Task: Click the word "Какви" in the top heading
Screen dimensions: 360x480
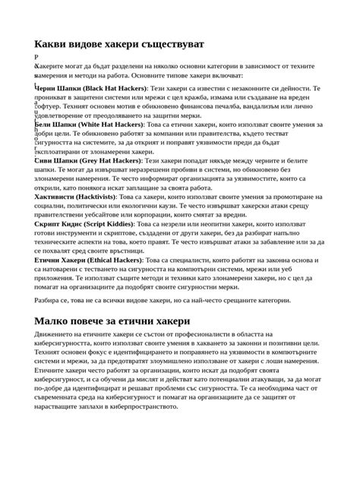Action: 52,44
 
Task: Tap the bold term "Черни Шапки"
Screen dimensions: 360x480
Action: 58,88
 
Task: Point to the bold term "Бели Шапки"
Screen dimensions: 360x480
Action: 56,123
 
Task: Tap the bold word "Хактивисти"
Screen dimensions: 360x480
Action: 60,195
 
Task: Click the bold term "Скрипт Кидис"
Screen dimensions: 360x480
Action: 61,225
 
